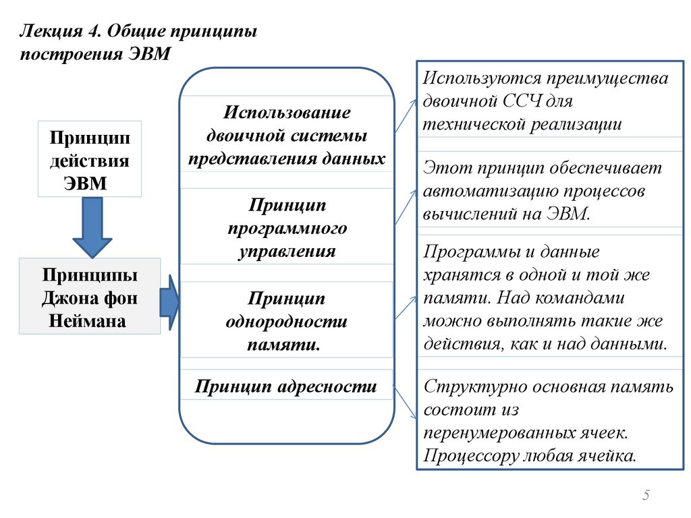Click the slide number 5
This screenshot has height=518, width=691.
pyautogui.click(x=646, y=496)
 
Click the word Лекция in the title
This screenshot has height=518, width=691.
pyautogui.click(x=46, y=32)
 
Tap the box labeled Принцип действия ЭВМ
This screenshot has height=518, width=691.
pyautogui.click(x=89, y=159)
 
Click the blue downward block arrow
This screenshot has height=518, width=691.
pyautogui.click(x=92, y=227)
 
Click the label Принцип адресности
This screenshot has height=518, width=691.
pyautogui.click(x=285, y=387)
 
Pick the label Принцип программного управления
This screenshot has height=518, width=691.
pyautogui.click(x=286, y=228)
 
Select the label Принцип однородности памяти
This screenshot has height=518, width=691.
pyautogui.click(x=286, y=320)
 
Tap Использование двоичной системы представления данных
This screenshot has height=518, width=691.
pyautogui.click(x=286, y=135)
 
